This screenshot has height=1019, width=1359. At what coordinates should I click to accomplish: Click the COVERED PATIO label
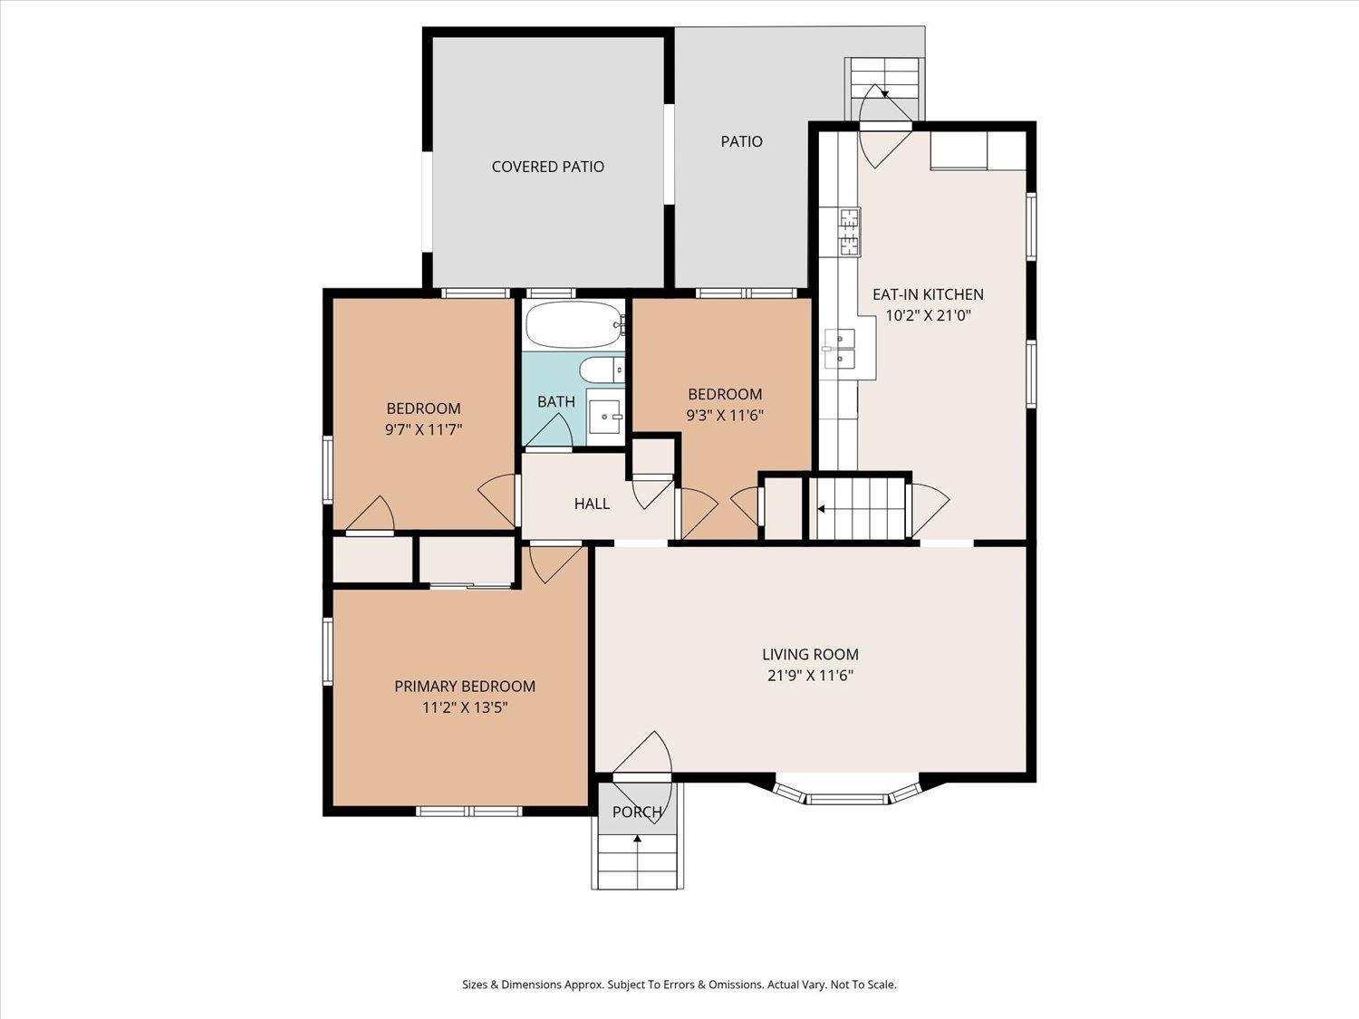click(547, 167)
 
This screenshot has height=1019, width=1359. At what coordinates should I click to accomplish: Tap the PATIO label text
click(741, 141)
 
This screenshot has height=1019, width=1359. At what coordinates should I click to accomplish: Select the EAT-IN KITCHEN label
click(928, 294)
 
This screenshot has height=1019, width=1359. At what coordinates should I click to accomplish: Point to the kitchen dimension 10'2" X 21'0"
click(928, 315)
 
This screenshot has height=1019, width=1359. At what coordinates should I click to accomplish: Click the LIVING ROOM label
click(810, 654)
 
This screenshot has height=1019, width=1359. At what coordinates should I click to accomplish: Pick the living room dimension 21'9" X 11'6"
click(810, 675)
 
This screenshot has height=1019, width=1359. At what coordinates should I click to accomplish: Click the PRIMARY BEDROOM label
click(465, 687)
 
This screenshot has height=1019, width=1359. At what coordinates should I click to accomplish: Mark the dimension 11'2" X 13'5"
click(465, 707)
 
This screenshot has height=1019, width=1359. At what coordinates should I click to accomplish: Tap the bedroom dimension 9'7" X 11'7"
click(423, 429)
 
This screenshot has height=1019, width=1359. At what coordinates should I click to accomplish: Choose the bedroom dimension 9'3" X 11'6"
click(725, 415)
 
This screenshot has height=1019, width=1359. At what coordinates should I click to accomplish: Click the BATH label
click(556, 402)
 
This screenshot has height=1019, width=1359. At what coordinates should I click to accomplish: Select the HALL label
click(592, 504)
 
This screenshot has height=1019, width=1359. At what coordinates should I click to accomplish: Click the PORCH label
click(637, 812)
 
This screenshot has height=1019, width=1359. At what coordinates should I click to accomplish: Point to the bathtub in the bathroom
click(573, 325)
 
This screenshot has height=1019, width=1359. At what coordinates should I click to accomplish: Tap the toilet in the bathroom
click(602, 370)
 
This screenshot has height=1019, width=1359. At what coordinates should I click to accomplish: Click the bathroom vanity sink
click(605, 417)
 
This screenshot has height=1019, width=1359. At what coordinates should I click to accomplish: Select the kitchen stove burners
click(850, 232)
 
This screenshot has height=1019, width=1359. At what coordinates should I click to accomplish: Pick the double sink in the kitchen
click(840, 349)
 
